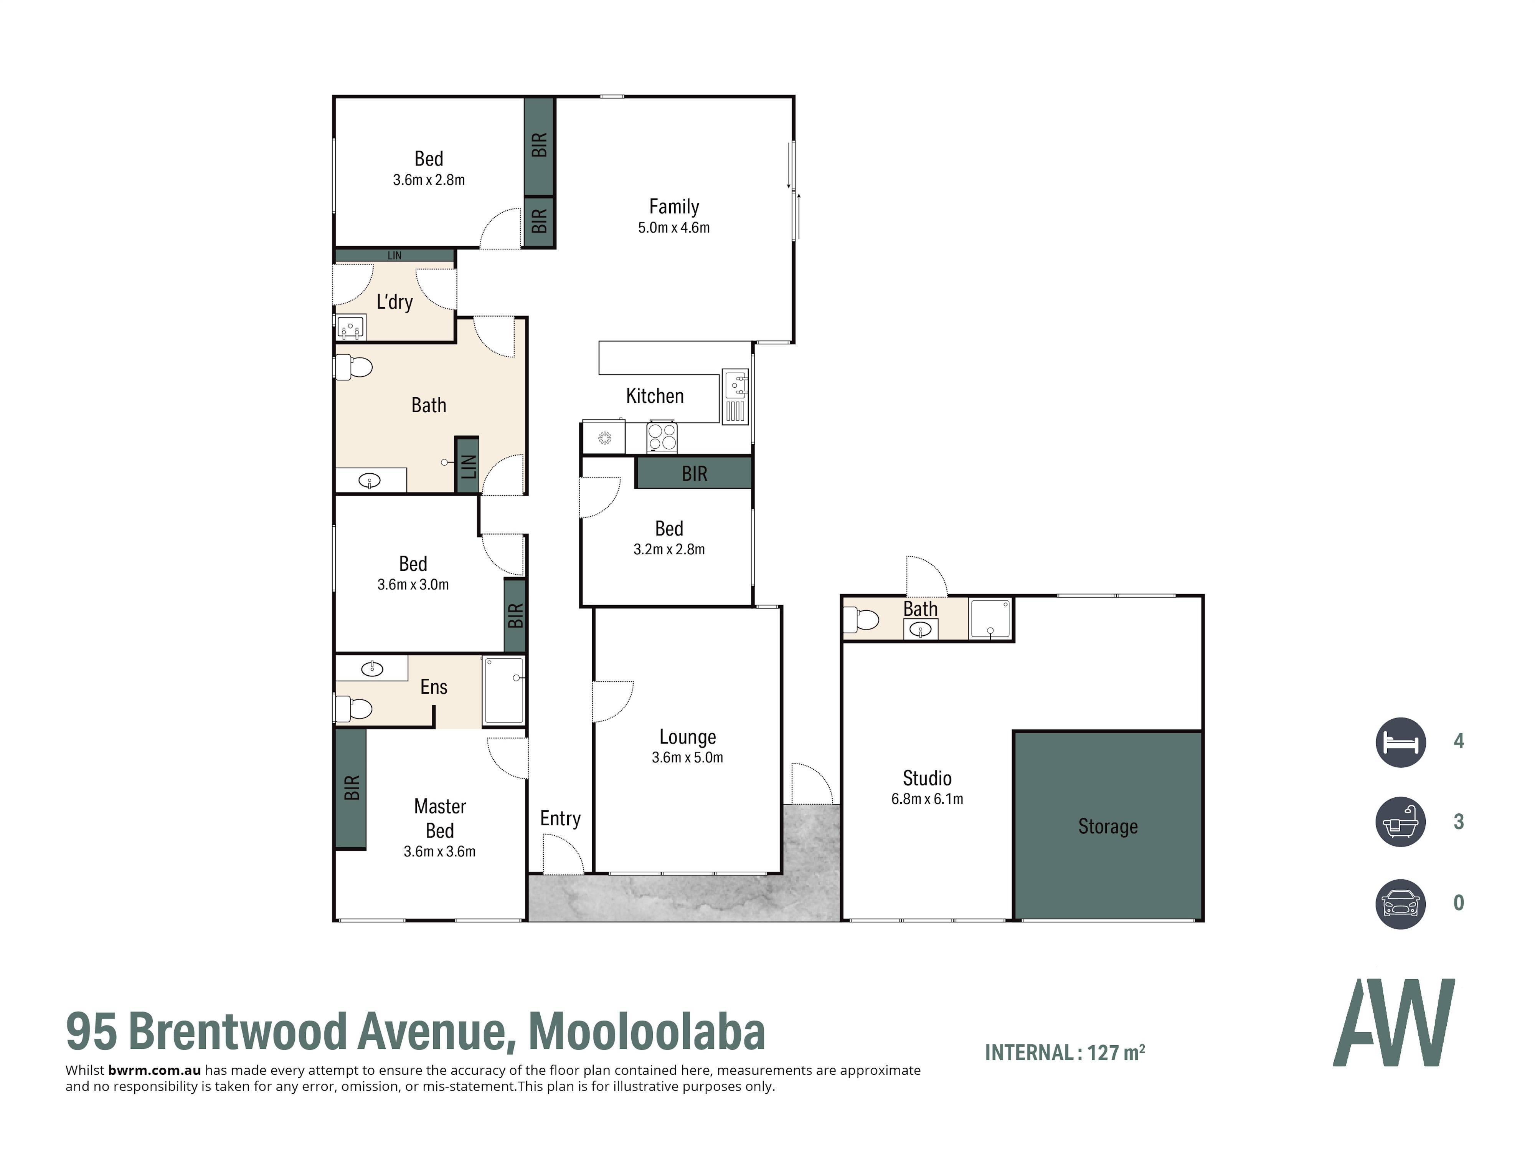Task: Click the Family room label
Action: tap(674, 207)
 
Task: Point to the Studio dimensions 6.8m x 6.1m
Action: tap(927, 799)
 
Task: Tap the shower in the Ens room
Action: tap(504, 691)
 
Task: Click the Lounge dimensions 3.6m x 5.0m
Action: tap(687, 757)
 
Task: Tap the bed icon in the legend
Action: tap(1400, 742)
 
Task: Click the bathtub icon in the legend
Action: tap(1400, 821)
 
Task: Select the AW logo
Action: tap(1393, 1022)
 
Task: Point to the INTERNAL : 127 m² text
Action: tap(1065, 1053)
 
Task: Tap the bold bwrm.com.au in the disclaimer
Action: tap(154, 1070)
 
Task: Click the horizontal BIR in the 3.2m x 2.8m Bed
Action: tap(694, 473)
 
